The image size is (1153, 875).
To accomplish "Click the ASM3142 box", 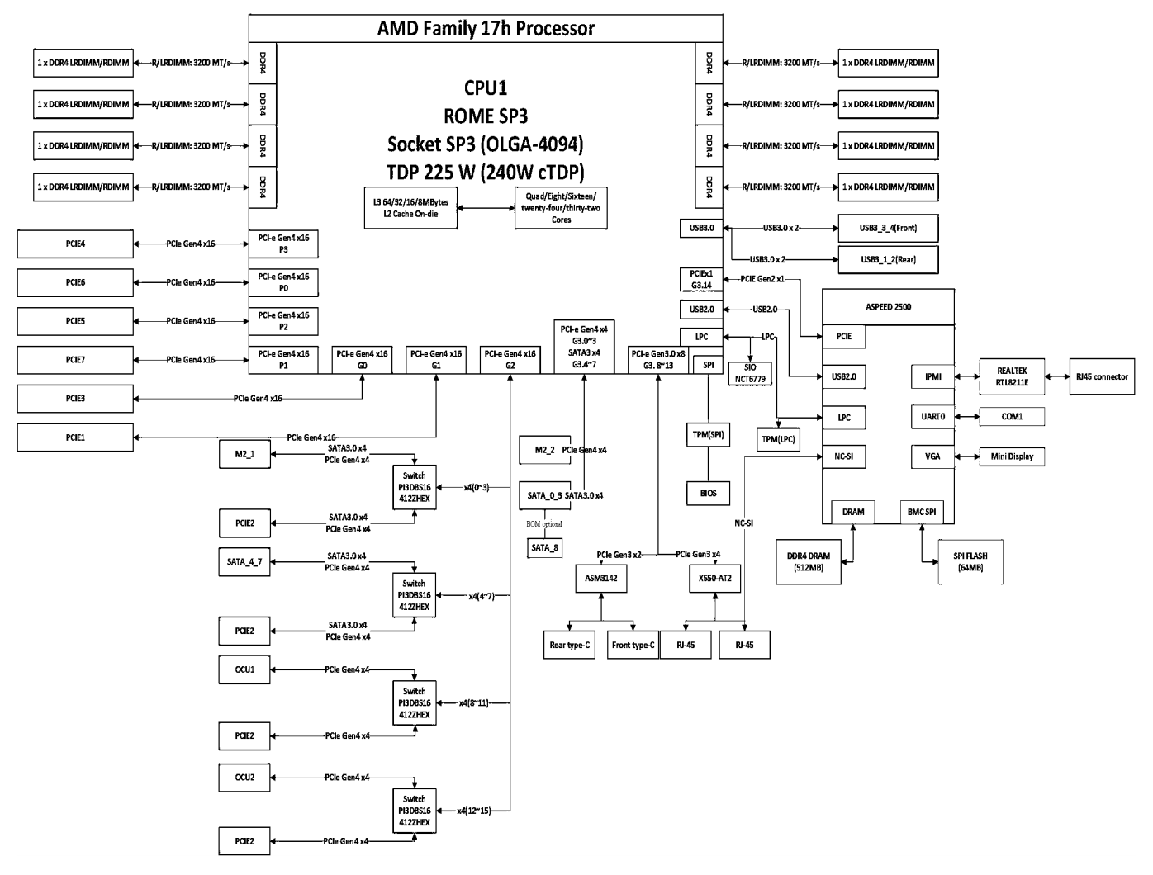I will click(600, 579).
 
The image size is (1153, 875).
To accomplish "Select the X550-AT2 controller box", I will click(714, 579).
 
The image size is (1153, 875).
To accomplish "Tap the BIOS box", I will click(708, 493).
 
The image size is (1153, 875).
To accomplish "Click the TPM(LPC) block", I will click(777, 439).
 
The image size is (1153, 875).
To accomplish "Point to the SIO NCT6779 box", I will click(750, 373).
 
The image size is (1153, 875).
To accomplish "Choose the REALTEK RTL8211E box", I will click(1012, 376).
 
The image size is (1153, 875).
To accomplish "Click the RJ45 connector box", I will click(1102, 376).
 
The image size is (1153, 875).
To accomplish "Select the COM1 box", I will click(1012, 416).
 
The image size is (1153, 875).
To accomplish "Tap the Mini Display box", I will click(1012, 456).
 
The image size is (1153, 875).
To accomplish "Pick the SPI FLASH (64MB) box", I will click(970, 561).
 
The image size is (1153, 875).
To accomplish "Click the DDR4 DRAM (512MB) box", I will click(809, 561).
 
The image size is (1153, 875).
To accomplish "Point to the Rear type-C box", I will click(570, 645).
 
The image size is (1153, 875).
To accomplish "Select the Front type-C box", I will click(633, 645).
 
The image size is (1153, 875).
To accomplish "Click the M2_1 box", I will click(244, 453).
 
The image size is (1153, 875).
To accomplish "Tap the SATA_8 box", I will click(544, 547).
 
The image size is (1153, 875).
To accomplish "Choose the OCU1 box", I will click(244, 669).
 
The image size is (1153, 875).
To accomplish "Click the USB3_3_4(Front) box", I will click(888, 228).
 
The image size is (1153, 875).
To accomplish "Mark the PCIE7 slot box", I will click(75, 360).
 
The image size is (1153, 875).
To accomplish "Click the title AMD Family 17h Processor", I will click(486, 28).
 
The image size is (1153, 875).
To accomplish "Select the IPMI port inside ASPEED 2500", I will click(932, 376).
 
